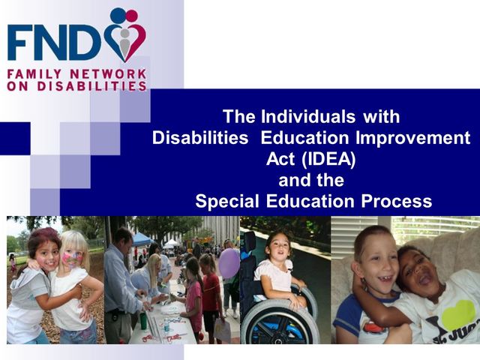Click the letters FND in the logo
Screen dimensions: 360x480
point(52,43)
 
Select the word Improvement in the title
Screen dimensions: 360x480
point(409,138)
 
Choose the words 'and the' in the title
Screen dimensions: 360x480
point(311,180)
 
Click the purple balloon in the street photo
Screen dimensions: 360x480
point(229,263)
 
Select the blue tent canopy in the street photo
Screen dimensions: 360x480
point(142,239)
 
